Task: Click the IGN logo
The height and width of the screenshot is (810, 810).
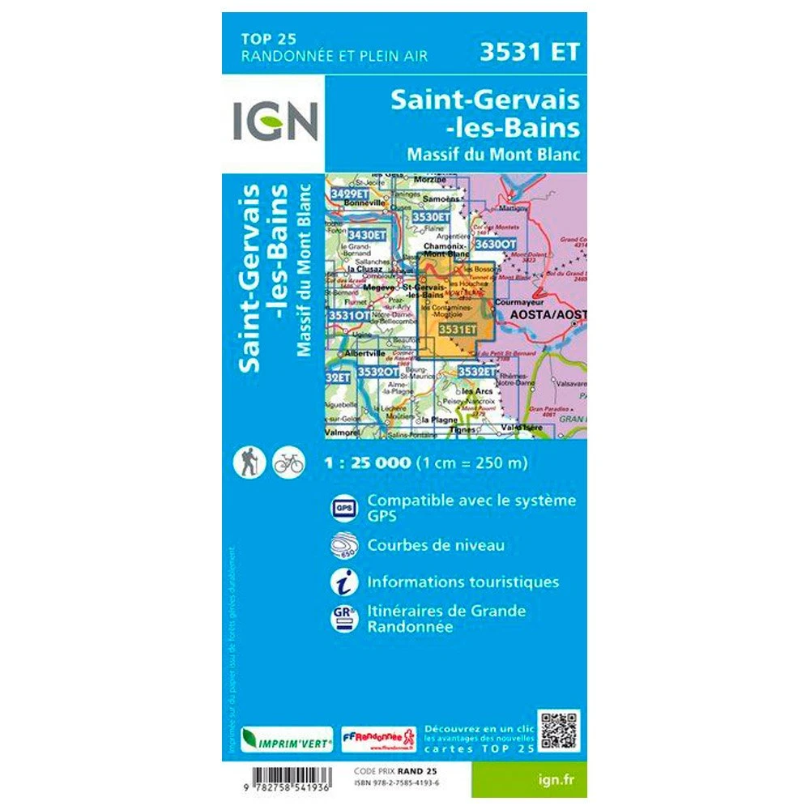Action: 273,120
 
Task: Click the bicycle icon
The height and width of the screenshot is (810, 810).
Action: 288,462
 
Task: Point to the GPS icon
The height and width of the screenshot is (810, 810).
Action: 342,508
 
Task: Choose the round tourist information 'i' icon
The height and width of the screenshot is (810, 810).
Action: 342,582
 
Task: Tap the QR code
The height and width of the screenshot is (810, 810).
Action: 560,731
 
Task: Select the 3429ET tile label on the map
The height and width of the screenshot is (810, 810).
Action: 350,194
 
